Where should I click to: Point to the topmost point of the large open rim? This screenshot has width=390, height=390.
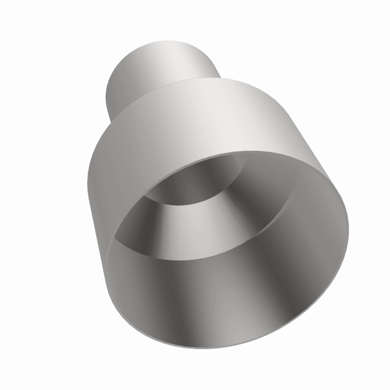[x=273, y=152]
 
